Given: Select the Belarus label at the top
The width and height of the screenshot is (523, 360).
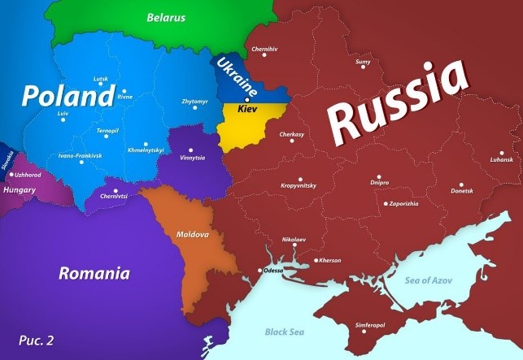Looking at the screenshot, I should tap(166, 17).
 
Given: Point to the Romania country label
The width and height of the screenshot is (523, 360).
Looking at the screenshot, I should tap(94, 273).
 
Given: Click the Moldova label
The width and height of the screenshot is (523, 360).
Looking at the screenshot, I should tap(193, 234).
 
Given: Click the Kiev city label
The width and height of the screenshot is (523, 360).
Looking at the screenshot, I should tap(247, 108).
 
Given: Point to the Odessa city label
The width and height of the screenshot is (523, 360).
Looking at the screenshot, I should tap(272, 270).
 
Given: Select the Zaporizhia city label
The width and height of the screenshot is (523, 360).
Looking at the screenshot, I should tap(403, 203).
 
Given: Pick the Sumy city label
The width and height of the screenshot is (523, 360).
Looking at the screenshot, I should tap(363, 63).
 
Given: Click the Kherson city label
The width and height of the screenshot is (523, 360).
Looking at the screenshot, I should tap(329, 260).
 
